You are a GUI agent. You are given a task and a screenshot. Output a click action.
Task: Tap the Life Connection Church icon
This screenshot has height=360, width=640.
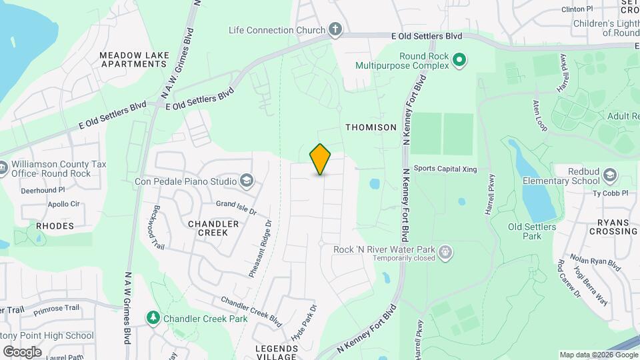tap(335, 30)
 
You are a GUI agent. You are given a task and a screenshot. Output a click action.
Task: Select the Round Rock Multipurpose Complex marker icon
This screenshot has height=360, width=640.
tap(459, 61)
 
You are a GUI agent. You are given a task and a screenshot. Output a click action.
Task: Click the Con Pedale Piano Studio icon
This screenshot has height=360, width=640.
tap(247, 181)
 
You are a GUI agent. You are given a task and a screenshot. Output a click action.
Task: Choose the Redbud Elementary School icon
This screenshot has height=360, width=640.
tap(609, 176)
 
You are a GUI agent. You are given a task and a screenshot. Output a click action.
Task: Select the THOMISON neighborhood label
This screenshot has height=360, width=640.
tap(371, 127)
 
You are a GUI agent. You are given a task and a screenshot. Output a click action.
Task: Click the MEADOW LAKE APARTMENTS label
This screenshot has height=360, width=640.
tap(133, 59)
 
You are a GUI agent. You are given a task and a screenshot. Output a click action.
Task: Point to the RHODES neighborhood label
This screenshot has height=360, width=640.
tap(55, 226)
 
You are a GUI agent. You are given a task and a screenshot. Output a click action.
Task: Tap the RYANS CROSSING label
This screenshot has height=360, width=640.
tap(613, 226)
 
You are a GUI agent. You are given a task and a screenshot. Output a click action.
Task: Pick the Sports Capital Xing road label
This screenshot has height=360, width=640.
tap(445, 169)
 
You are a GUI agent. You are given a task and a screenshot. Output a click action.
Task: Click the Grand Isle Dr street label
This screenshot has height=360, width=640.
tap(235, 207)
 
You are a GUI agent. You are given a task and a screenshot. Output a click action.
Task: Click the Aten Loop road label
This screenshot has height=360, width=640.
tap(539, 111)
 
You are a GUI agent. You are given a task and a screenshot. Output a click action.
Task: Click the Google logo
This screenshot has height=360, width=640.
tap(22, 351)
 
